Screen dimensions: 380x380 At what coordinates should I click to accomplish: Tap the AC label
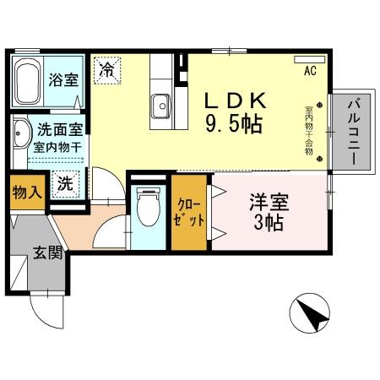309,73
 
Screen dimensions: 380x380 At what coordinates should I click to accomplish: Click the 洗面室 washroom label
57,131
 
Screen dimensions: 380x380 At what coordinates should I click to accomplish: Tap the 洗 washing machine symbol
65,182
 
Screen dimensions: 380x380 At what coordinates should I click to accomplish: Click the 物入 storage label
26,193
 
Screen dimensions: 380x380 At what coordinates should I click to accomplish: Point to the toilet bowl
149,205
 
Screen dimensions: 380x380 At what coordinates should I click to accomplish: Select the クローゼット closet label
188,212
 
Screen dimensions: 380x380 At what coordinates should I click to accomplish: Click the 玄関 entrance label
48,252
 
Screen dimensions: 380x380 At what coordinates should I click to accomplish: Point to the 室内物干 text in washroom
57,148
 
